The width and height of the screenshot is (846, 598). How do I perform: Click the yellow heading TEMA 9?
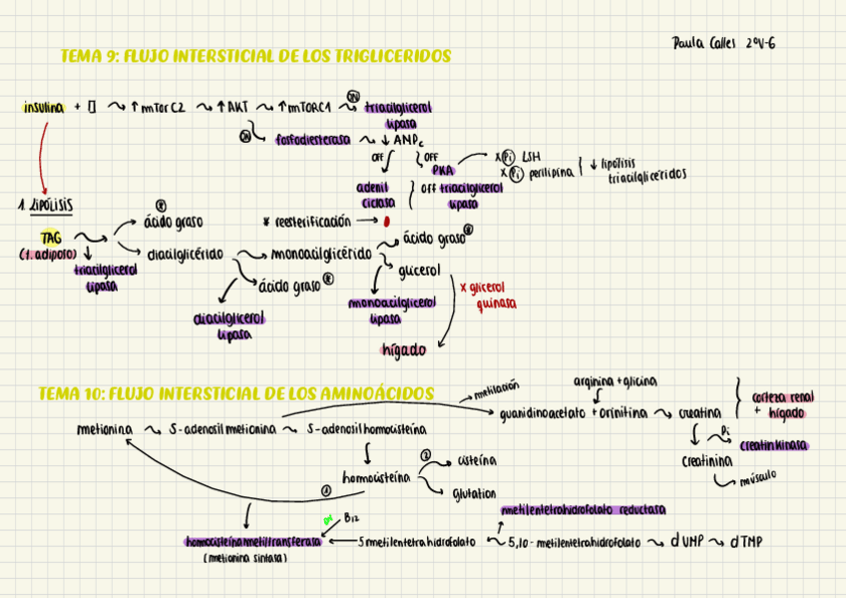[255, 56]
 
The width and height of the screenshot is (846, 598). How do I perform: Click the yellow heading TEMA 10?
[235, 393]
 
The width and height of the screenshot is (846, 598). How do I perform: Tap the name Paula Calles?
[703, 44]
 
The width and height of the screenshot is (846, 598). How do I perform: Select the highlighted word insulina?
[44, 107]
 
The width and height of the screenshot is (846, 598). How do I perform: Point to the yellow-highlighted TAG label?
[51, 238]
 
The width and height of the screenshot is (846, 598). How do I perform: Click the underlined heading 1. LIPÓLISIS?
[45, 204]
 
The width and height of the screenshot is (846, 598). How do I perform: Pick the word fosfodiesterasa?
[310, 140]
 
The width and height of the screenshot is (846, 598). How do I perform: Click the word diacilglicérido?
[186, 254]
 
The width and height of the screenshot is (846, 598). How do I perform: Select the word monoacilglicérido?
[321, 254]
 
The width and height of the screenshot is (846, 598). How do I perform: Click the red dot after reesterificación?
[385, 221]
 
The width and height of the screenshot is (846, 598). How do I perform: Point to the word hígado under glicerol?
[403, 350]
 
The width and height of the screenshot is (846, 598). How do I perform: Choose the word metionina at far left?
[105, 430]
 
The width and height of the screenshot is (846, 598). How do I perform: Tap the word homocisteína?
[375, 477]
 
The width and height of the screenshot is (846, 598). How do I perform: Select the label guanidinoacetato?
[543, 412]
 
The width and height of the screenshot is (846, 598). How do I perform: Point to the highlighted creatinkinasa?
[774, 445]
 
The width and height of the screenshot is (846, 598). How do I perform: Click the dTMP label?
[746, 542]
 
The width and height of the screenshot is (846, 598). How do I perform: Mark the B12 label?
[349, 517]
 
